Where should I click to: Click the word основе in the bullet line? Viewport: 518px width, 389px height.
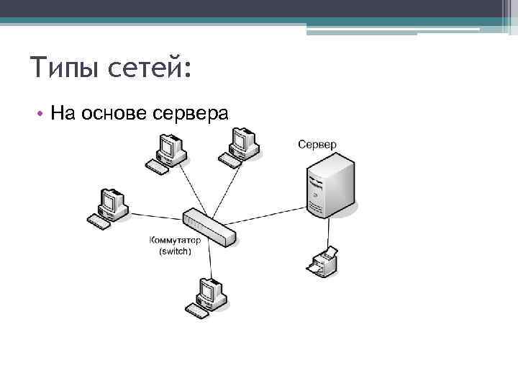[114, 113]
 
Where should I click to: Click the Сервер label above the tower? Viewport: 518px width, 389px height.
[317, 145]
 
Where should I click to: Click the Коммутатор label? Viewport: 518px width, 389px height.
[175, 241]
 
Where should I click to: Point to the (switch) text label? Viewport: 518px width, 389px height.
[175, 251]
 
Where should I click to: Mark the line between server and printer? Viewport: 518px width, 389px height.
[327, 233]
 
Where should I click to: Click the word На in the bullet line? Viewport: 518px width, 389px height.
[62, 113]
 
